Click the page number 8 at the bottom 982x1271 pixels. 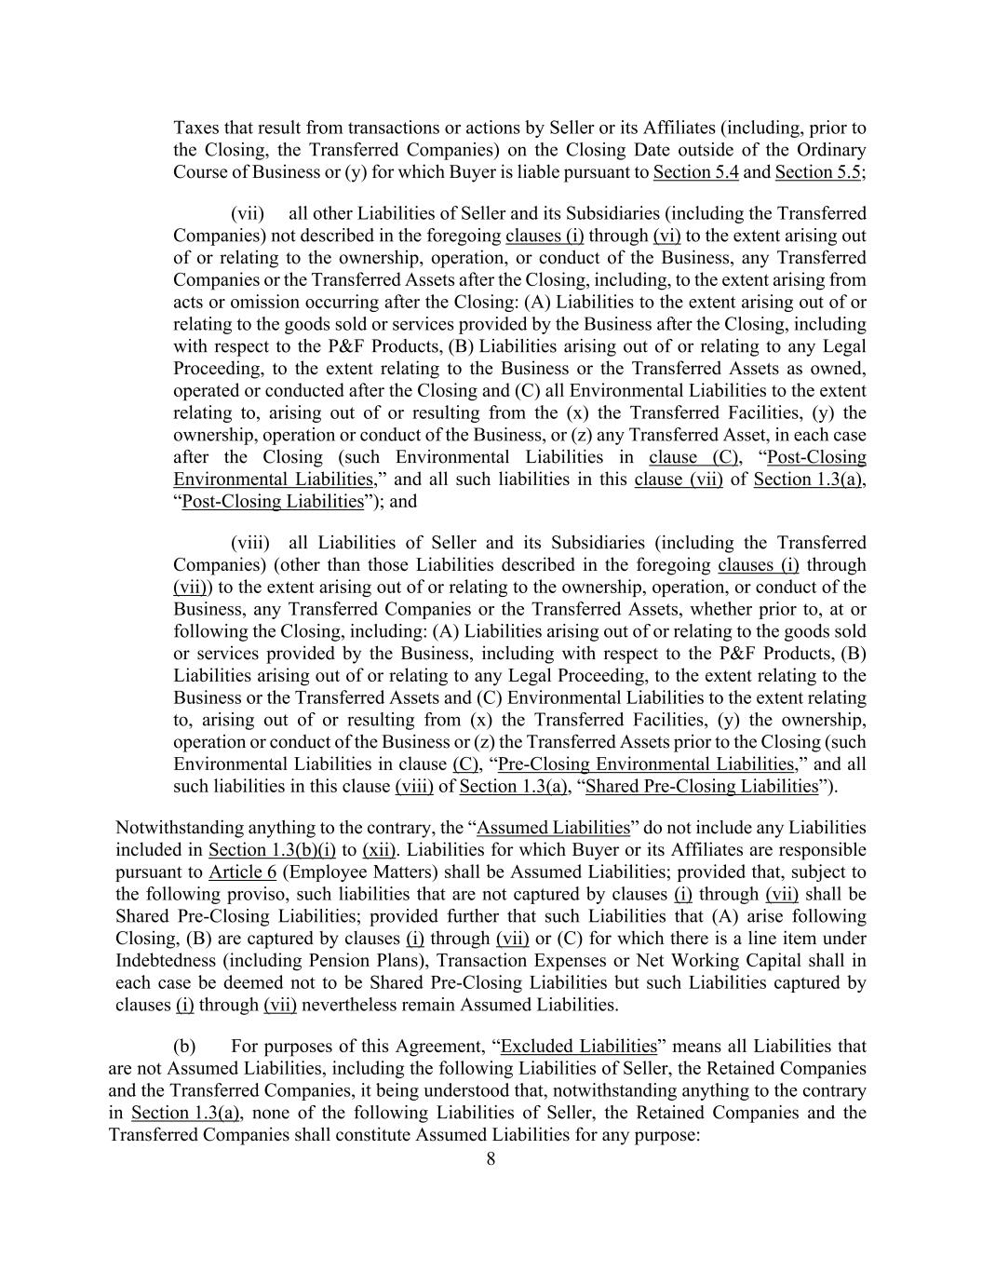[491, 1159]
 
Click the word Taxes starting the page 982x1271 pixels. [195, 128]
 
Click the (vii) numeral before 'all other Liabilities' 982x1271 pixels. [248, 213]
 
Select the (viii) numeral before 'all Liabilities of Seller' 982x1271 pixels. [249, 543]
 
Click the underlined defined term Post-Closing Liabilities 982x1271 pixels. [272, 502]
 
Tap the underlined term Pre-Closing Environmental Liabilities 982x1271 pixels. [646, 764]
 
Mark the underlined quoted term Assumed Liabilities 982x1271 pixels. [553, 828]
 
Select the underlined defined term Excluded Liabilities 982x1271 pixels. [578, 1047]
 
